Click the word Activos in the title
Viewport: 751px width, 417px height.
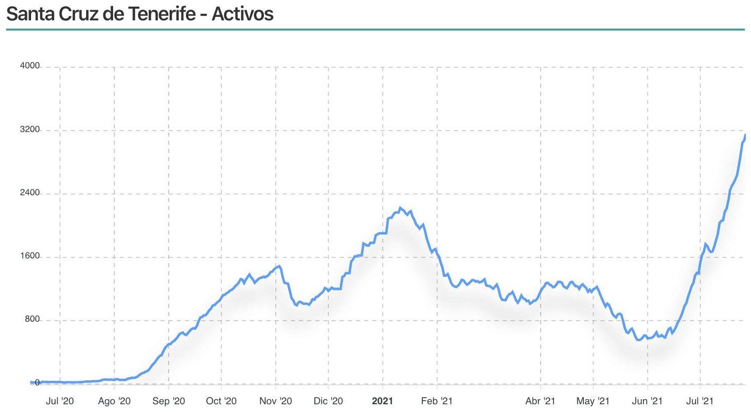point(243,14)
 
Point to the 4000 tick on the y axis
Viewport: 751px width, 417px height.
point(30,66)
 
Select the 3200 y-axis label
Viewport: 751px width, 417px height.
point(30,129)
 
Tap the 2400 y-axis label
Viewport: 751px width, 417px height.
point(30,193)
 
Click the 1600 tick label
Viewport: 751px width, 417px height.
point(30,256)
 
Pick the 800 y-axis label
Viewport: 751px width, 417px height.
point(32,319)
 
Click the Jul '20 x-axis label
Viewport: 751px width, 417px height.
point(60,401)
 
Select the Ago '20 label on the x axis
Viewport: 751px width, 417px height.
point(114,401)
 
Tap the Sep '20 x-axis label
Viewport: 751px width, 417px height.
point(169,401)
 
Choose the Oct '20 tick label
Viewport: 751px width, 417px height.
point(221,401)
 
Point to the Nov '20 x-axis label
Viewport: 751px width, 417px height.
point(276,401)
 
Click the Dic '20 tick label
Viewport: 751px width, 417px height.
point(328,401)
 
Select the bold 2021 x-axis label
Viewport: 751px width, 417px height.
point(383,401)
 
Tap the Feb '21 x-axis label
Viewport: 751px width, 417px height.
point(437,401)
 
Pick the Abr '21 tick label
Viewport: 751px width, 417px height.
point(540,401)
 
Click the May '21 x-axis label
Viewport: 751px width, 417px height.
point(593,401)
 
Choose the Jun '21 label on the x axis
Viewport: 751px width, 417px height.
point(647,401)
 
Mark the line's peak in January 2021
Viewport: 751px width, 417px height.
point(400,207)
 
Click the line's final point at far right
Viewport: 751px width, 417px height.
point(745,135)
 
